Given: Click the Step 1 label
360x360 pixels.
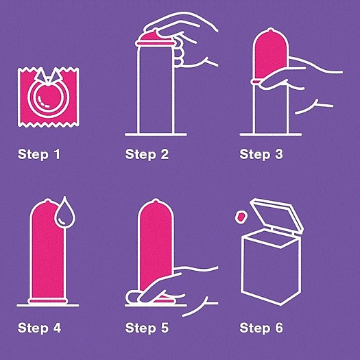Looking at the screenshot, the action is [x=39, y=154].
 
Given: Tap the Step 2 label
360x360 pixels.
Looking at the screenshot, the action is [x=147, y=154].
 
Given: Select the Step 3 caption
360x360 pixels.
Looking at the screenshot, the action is [x=261, y=154].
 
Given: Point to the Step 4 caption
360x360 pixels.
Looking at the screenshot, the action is [x=39, y=328].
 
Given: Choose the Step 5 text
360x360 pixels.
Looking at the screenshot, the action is [x=147, y=328].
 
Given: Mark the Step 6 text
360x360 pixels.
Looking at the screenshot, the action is [x=261, y=328].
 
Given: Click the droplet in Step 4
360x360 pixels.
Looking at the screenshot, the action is [x=64, y=213].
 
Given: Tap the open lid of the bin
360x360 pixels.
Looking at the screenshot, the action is [x=276, y=215].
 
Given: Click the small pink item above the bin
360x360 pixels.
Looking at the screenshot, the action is [x=241, y=217].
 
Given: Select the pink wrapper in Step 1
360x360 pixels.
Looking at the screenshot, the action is [x=49, y=97].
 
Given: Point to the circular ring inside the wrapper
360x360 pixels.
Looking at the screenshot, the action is [x=49, y=97].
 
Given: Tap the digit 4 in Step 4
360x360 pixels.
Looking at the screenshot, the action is [x=57, y=328].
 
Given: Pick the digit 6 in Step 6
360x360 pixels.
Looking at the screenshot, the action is [x=279, y=328].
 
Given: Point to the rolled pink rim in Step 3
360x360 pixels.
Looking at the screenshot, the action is [x=256, y=82].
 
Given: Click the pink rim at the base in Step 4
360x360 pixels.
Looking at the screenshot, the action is [x=47, y=301].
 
